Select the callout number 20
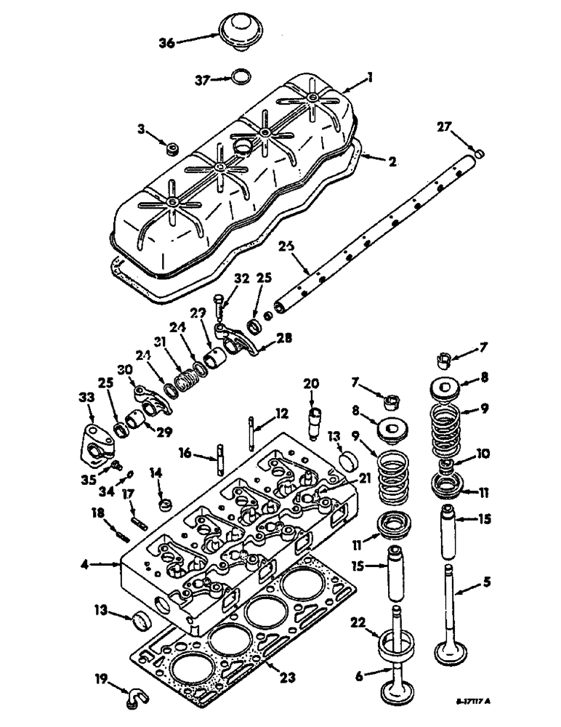[x=311, y=383]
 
